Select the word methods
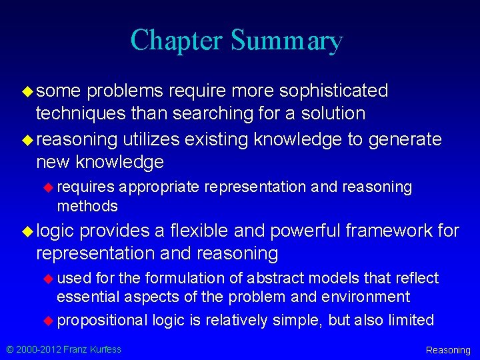pyautogui.click(x=87, y=206)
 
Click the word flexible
pyautogui.click(x=201, y=231)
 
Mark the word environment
pyautogui.click(x=365, y=297)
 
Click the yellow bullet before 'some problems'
pyautogui.click(x=27, y=90)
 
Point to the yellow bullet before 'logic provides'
pyautogui.click(x=27, y=231)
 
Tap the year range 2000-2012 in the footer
pyautogui.click(x=37, y=349)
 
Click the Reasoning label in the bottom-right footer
pyautogui.click(x=448, y=350)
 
